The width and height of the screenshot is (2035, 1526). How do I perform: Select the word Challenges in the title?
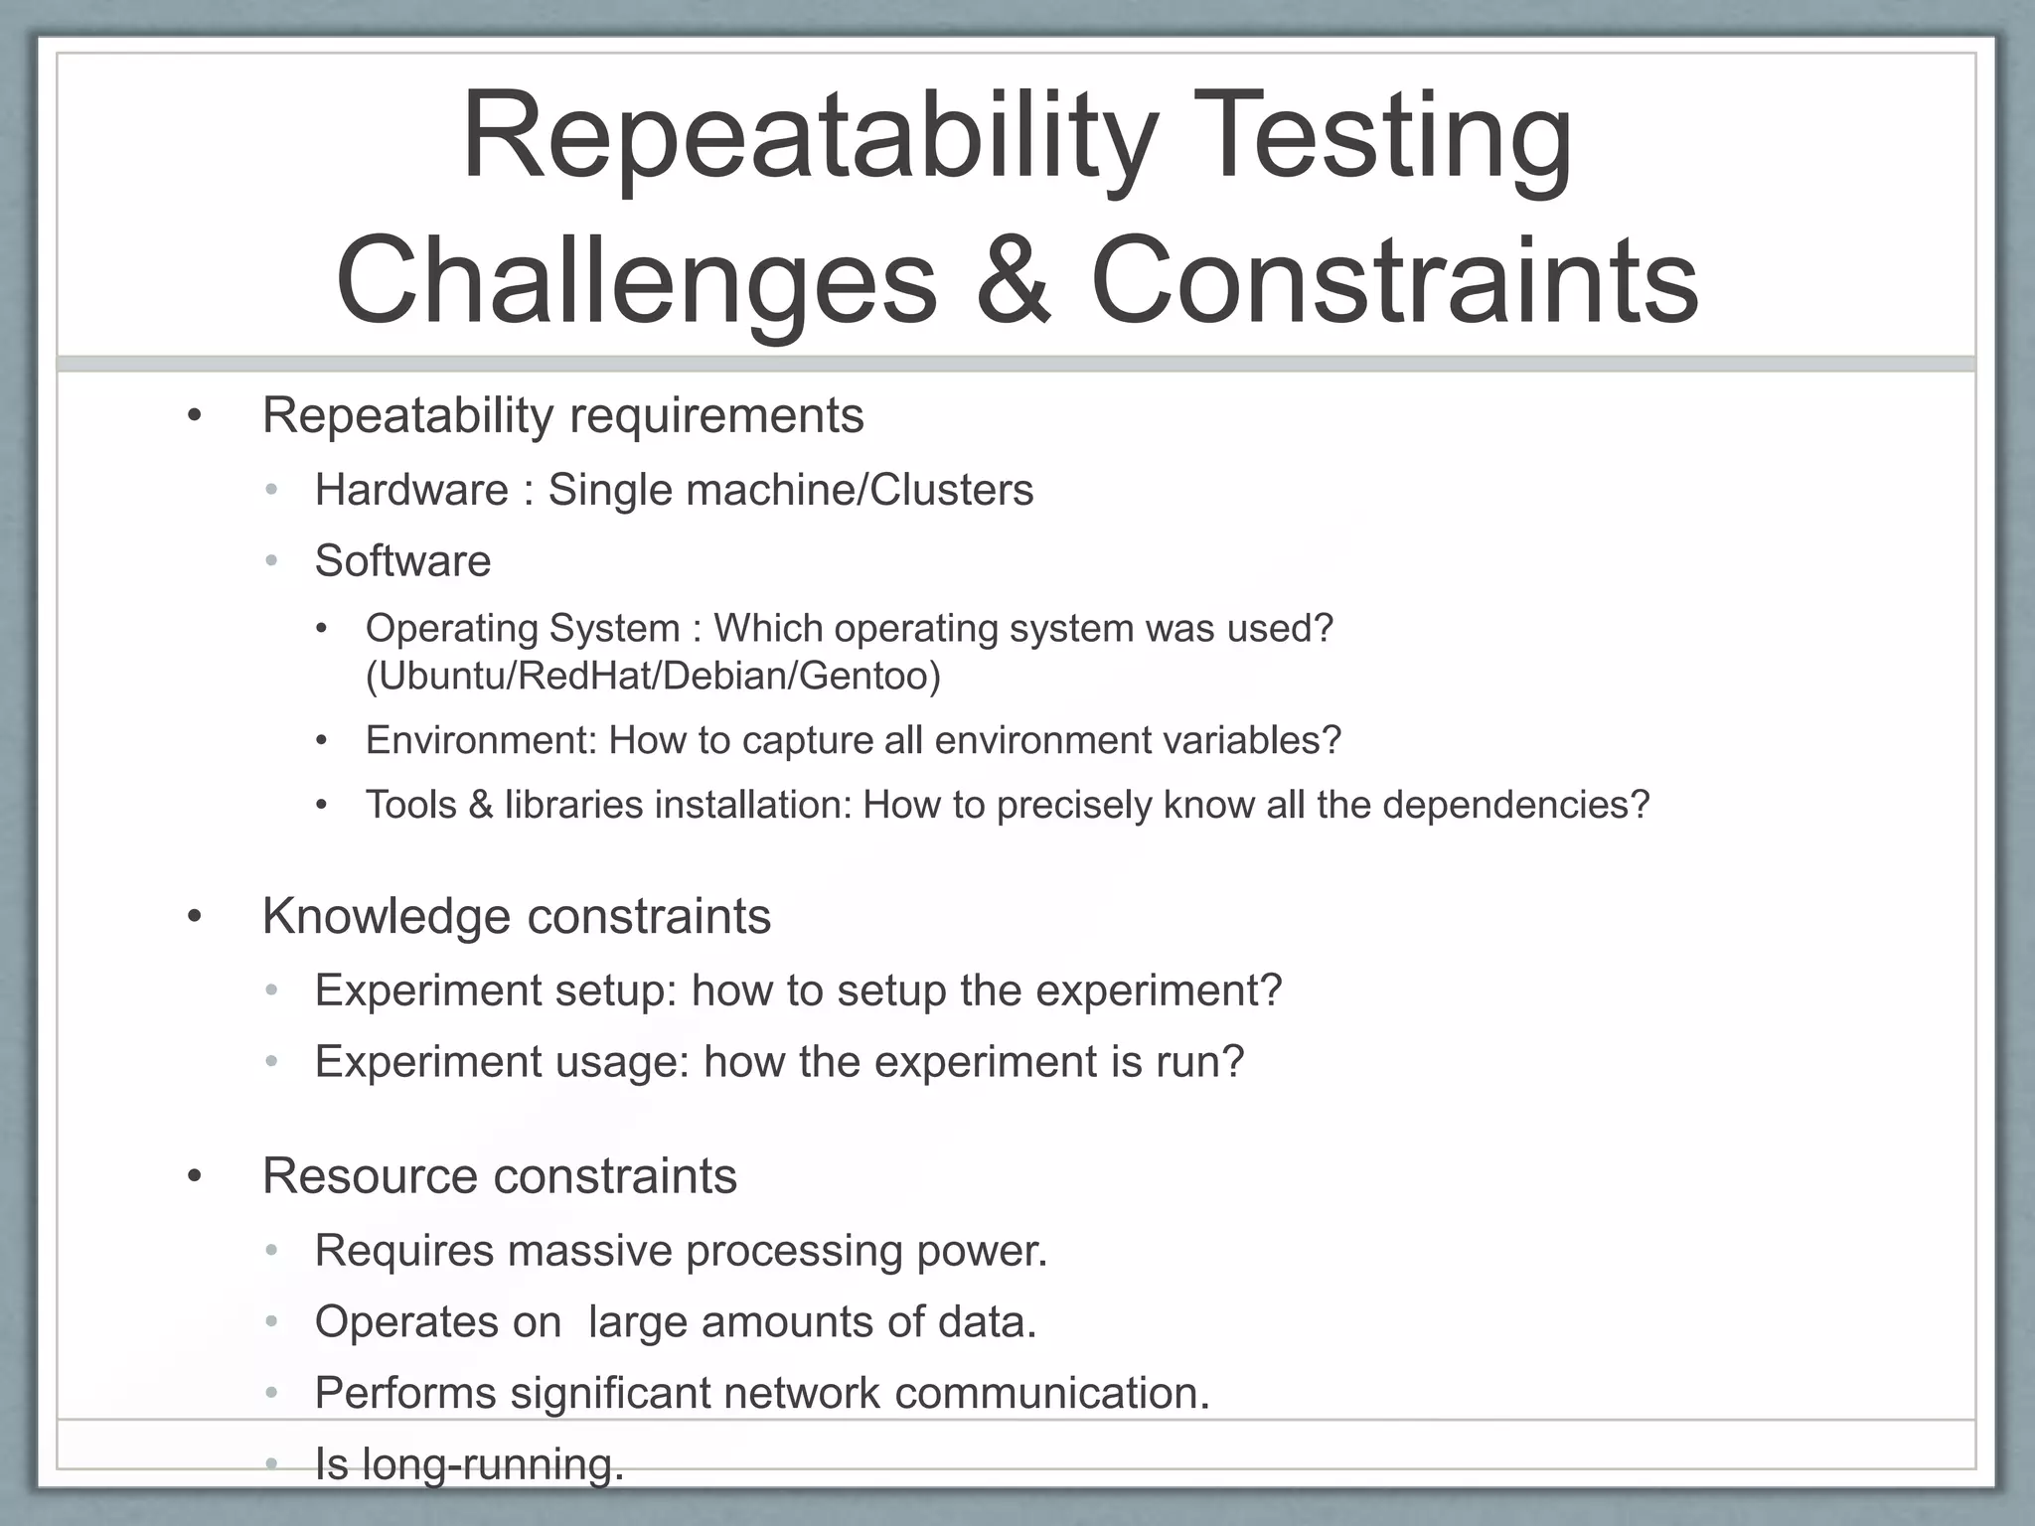636,283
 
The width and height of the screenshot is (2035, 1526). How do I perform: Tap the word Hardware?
411,490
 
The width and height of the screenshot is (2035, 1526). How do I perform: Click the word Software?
402,561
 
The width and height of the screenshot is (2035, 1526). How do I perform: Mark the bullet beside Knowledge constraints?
195,917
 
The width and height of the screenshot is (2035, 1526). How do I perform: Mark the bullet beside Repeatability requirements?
195,416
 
